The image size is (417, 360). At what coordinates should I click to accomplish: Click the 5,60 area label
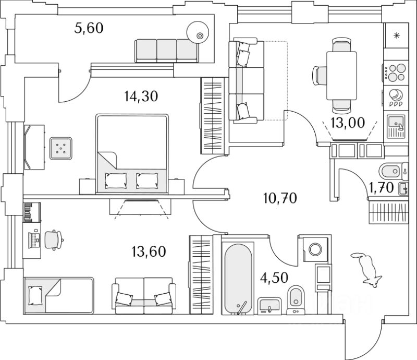click(x=89, y=28)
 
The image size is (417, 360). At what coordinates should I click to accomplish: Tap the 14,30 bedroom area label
click(x=141, y=96)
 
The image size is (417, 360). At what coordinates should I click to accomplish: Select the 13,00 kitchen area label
click(x=348, y=123)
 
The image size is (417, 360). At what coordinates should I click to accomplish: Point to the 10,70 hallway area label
click(x=280, y=198)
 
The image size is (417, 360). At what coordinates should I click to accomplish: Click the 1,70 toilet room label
click(x=381, y=188)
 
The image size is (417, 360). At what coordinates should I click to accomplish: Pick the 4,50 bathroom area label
click(x=275, y=278)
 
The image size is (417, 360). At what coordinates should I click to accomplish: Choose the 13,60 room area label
click(x=149, y=251)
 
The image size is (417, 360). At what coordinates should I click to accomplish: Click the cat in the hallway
click(x=366, y=269)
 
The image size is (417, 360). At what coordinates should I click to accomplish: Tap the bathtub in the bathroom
click(x=239, y=279)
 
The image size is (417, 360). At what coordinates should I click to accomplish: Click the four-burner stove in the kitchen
click(x=396, y=73)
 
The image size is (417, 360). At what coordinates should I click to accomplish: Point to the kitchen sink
click(x=396, y=126)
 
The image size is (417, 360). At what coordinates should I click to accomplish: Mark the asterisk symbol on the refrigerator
click(x=397, y=35)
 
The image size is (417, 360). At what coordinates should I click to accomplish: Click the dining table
click(x=341, y=76)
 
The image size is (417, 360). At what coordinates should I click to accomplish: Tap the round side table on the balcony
click(x=198, y=32)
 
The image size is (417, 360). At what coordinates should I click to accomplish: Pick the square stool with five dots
click(x=61, y=149)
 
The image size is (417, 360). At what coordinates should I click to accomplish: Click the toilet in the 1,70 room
click(x=390, y=171)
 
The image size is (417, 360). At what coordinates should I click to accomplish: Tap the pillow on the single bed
click(x=35, y=295)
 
